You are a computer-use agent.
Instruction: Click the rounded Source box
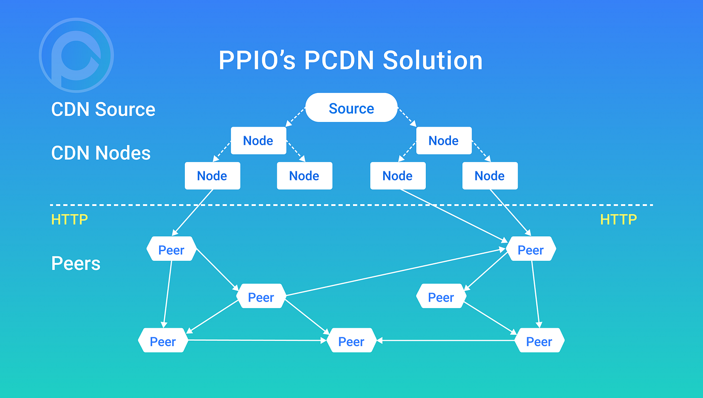click(351, 108)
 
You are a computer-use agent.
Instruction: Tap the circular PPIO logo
click(76, 55)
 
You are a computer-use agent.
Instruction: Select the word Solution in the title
click(432, 60)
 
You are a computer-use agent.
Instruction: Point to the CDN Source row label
click(103, 110)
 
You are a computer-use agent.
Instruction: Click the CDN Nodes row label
click(100, 153)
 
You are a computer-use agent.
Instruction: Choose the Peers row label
click(76, 263)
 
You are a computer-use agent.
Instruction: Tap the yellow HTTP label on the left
click(69, 220)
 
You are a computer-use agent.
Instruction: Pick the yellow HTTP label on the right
click(618, 220)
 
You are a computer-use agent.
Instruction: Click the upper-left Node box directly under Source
click(258, 141)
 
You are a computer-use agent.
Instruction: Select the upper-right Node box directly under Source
click(443, 141)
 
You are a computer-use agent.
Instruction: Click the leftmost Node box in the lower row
click(212, 176)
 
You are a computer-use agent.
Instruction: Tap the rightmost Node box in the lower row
click(490, 176)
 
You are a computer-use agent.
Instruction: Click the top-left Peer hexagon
click(171, 250)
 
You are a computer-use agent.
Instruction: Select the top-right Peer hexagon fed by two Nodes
click(531, 250)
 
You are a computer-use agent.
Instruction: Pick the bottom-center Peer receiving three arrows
click(351, 342)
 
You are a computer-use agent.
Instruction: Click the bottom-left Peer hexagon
click(163, 342)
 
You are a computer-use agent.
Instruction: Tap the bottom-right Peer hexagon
click(539, 342)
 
